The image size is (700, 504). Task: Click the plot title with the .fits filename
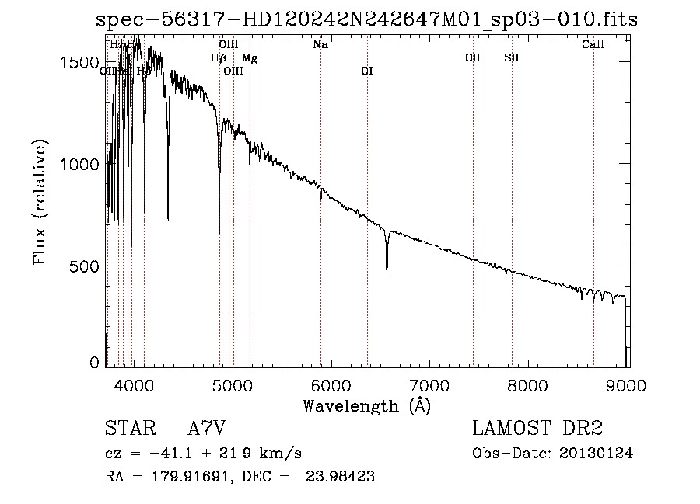(366, 20)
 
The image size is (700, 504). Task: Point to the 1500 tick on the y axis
(86, 63)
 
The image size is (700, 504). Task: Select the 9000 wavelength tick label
(628, 384)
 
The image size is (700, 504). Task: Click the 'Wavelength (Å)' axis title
(366, 405)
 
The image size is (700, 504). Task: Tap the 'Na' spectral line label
(320, 45)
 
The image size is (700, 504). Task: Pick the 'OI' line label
(367, 71)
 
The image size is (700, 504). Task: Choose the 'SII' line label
(511, 58)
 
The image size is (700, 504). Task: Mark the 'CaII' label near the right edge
(593, 45)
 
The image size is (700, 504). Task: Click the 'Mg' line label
(249, 58)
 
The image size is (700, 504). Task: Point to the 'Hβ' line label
(219, 58)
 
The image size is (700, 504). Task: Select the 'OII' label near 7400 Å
(473, 58)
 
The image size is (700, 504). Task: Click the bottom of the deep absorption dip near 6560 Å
(387, 276)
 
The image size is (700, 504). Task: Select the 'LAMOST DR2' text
(537, 429)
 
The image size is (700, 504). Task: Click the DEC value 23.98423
(342, 477)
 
